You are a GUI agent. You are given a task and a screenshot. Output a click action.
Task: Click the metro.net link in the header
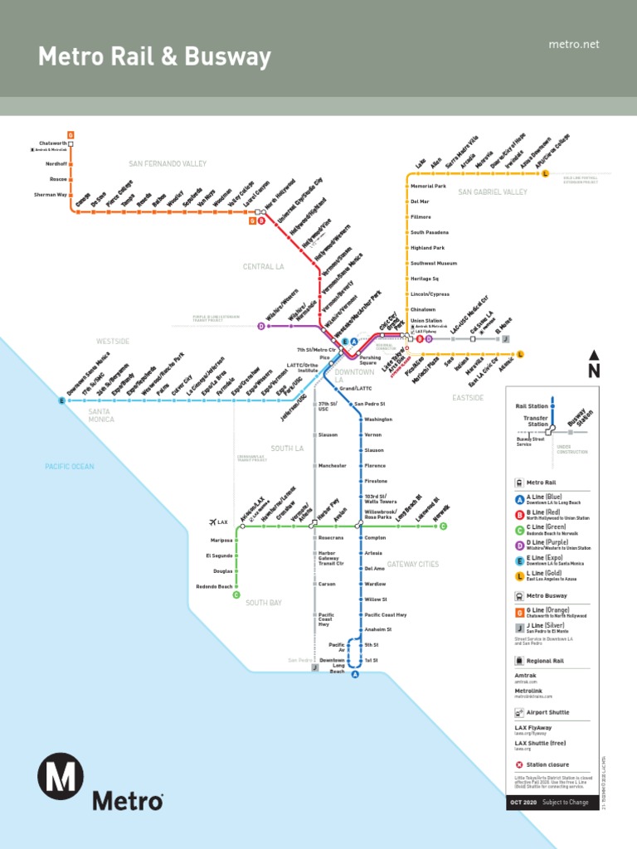pos(573,44)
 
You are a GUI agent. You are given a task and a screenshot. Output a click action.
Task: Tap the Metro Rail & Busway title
pos(154,57)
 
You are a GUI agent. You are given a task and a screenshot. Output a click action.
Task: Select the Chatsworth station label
pos(52,143)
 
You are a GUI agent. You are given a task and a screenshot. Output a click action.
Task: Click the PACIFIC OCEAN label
pos(70,467)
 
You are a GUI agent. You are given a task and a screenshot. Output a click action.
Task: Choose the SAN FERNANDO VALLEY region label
pos(168,164)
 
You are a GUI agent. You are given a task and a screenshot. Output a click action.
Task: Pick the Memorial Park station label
pos(428,187)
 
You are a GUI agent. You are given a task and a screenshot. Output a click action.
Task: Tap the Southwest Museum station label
pos(434,264)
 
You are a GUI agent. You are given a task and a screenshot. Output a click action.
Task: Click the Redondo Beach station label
pos(214,586)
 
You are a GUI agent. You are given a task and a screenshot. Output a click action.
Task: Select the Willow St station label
pos(376,599)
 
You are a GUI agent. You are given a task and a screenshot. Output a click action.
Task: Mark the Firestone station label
pos(375,482)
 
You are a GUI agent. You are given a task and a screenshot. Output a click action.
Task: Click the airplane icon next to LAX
pos(212,522)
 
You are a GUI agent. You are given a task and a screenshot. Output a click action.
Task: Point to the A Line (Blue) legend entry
pos(547,498)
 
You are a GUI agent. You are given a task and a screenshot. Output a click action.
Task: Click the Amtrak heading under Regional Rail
pos(526,676)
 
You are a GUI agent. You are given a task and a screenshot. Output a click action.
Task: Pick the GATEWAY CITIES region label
pos(412,565)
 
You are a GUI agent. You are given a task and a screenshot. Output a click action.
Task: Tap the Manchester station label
pos(333,466)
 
